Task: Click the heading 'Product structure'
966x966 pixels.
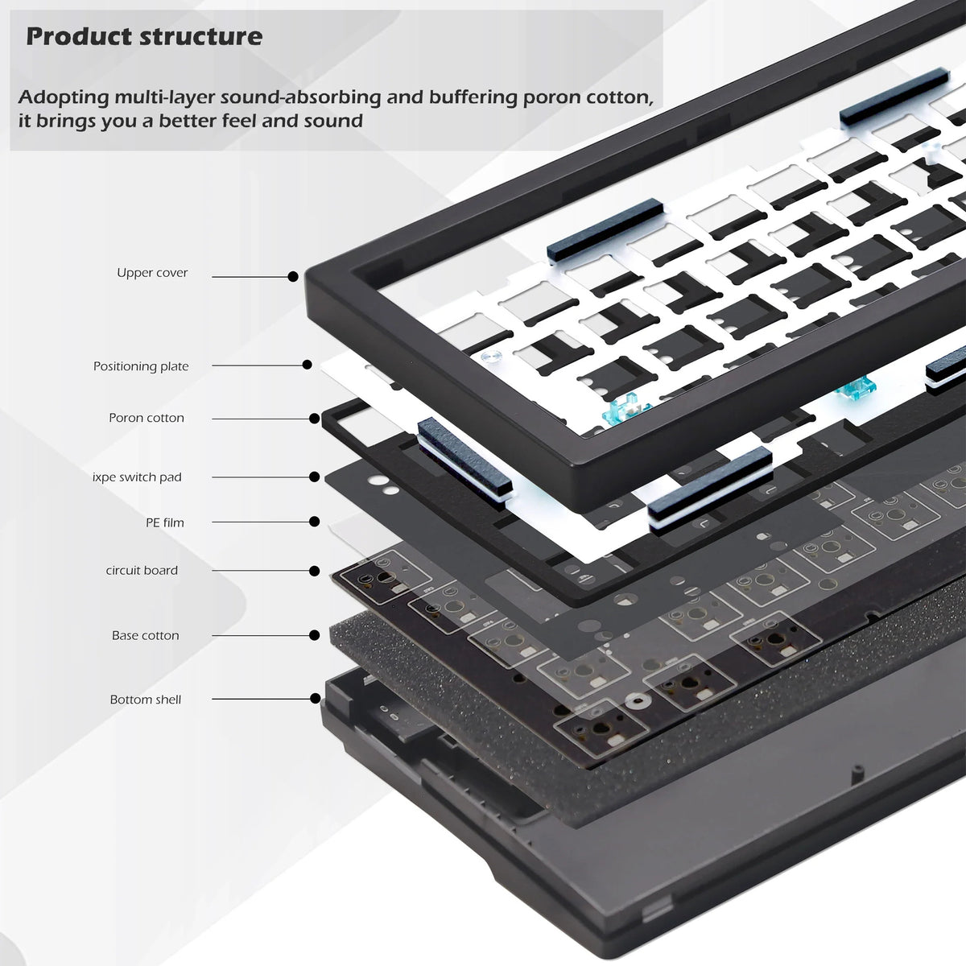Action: pyautogui.click(x=144, y=36)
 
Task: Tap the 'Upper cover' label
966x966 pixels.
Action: pyautogui.click(x=152, y=273)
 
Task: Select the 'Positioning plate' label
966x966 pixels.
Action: pyautogui.click(x=141, y=366)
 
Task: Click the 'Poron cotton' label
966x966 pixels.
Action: pyautogui.click(x=147, y=418)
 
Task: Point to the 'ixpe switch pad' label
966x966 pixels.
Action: pyautogui.click(x=137, y=477)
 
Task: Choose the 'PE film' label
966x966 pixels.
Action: pyautogui.click(x=164, y=522)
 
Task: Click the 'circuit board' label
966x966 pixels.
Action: pyautogui.click(x=142, y=570)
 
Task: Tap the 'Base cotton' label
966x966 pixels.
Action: pyautogui.click(x=145, y=635)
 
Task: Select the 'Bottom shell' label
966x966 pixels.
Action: pyautogui.click(x=146, y=700)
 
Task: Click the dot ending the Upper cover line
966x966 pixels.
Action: pyautogui.click(x=293, y=276)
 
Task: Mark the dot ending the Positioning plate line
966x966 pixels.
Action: pyautogui.click(x=307, y=365)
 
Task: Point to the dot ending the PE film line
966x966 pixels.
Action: pyautogui.click(x=315, y=522)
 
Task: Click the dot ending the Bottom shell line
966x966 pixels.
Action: pyautogui.click(x=315, y=699)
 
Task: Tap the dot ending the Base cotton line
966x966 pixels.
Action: pyautogui.click(x=315, y=635)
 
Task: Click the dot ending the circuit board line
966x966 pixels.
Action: pyautogui.click(x=315, y=571)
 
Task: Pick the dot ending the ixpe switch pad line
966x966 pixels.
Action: pyautogui.click(x=315, y=477)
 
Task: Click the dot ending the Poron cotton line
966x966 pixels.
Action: pyautogui.click(x=314, y=418)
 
